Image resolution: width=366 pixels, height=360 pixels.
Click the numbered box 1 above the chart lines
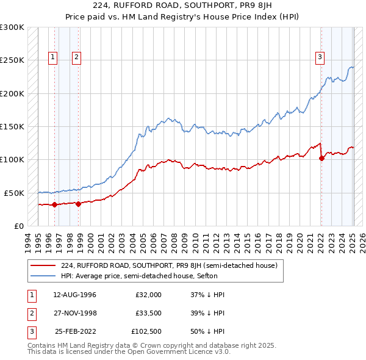pyautogui.click(x=53, y=58)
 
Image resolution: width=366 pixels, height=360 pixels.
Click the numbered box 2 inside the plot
pyautogui.click(x=76, y=58)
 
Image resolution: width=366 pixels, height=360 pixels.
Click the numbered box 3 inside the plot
pyautogui.click(x=320, y=58)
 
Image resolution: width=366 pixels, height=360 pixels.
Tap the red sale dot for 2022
pyautogui.click(x=321, y=159)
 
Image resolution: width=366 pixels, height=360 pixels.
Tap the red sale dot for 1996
pyautogui.click(x=55, y=204)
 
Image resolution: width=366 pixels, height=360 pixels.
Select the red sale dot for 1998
pyautogui.click(x=79, y=204)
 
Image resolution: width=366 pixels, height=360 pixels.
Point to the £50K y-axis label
pyautogui.click(x=14, y=193)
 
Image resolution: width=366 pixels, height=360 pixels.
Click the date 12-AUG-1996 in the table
pyautogui.click(x=74, y=295)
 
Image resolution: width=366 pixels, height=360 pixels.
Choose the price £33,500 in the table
pyautogui.click(x=148, y=313)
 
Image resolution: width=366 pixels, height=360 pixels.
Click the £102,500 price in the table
pyautogui.click(x=146, y=331)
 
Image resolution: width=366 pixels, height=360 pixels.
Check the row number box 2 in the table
pyautogui.click(x=30, y=313)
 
